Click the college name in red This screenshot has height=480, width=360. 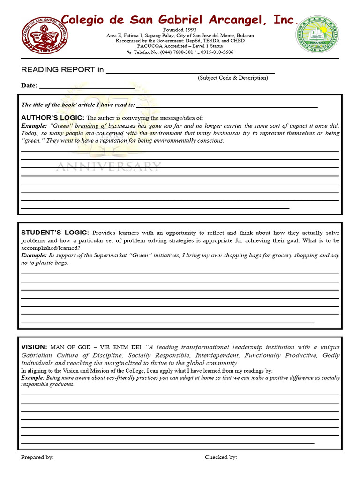pos(180,20)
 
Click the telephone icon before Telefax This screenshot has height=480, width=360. pos(129,52)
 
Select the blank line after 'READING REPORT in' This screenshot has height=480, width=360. pos(190,73)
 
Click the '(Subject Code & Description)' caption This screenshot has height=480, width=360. pos(232,78)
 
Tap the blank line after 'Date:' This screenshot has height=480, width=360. pos(86,88)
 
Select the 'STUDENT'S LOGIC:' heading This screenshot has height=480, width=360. pos(55,232)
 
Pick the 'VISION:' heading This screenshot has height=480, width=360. pos(34,347)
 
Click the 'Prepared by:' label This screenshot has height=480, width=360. pos(37,457)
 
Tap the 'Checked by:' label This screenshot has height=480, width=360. pos(221,457)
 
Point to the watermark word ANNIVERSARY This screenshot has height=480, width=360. pos(109,166)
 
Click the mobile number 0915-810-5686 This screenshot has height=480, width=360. pos(217,52)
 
